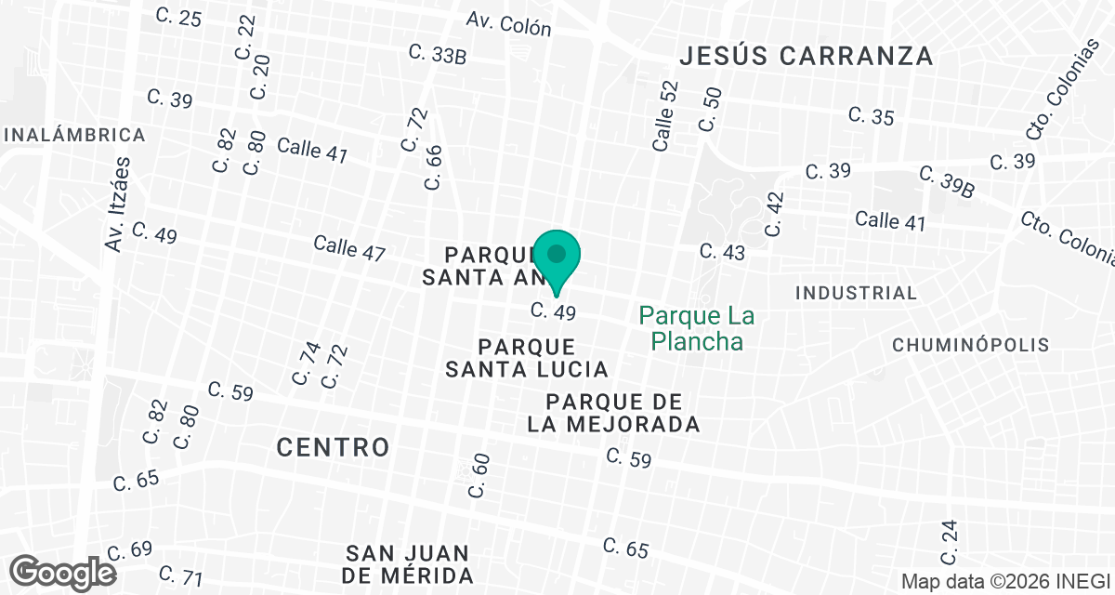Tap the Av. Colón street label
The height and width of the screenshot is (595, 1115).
click(509, 24)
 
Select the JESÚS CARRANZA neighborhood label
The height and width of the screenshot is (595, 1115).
click(806, 56)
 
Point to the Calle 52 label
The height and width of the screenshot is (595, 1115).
click(665, 116)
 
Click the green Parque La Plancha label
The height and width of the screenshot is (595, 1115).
click(697, 329)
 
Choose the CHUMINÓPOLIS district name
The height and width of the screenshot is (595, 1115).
click(970, 345)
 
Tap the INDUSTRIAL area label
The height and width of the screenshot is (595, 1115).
click(856, 293)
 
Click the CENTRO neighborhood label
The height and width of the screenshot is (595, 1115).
click(333, 447)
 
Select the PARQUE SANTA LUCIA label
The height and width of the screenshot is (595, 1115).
click(527, 358)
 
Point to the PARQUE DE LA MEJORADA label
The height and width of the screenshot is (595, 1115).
click(623, 414)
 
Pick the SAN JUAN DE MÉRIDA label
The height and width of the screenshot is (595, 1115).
click(408, 563)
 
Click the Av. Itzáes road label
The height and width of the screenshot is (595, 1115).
click(117, 204)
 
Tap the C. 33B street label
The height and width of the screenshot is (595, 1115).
click(437, 54)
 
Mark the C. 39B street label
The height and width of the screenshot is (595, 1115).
click(947, 181)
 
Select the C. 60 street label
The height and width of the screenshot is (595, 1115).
click(479, 475)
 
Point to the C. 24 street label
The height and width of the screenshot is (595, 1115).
click(948, 543)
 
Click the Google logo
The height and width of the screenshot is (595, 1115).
click(64, 572)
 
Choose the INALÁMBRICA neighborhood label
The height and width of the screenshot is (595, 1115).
click(74, 135)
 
